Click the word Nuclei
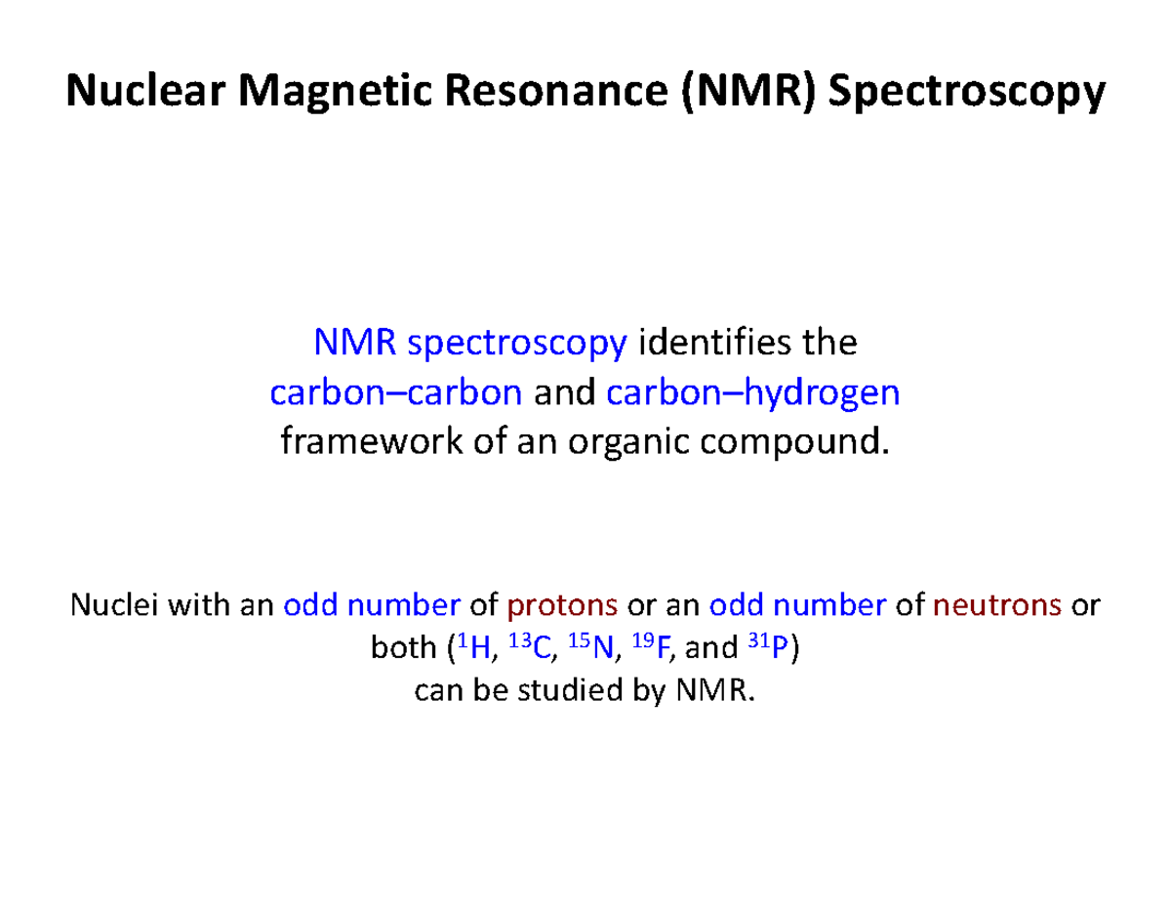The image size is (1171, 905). tap(108, 605)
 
